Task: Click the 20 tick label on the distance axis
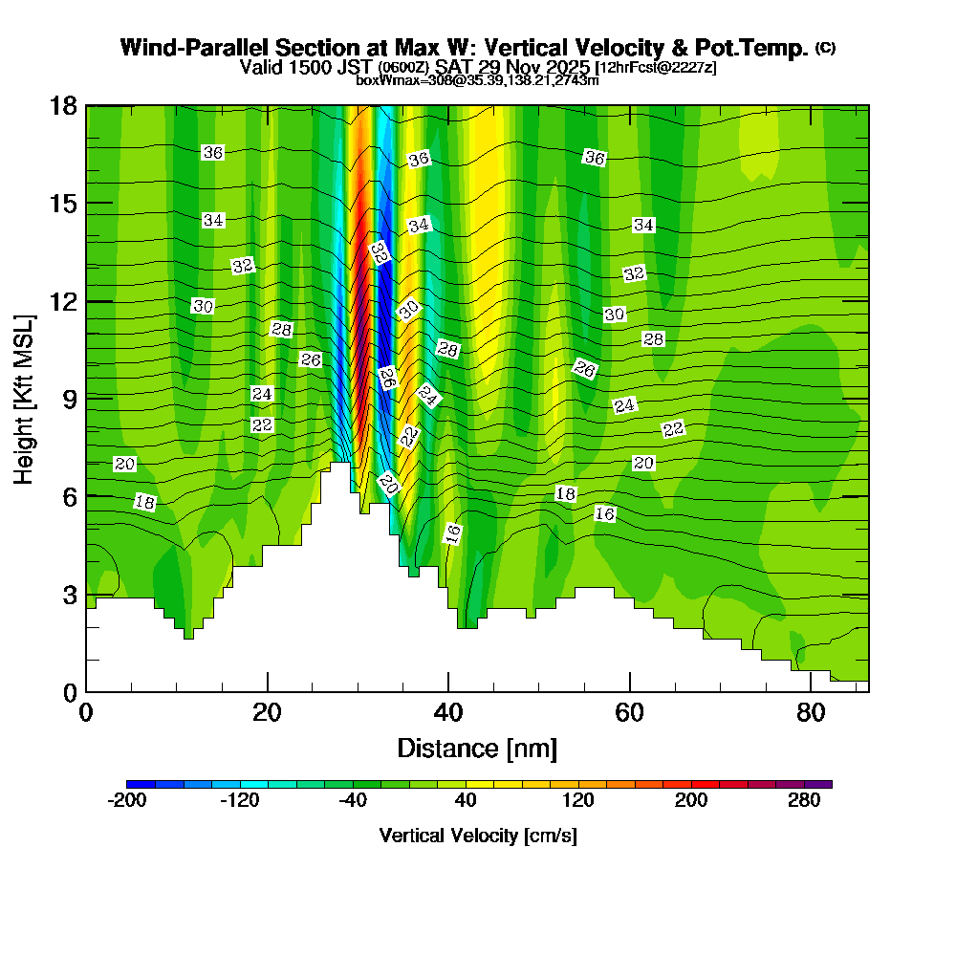coord(268,712)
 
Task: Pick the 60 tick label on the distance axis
coord(629,712)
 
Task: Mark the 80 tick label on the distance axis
coord(810,712)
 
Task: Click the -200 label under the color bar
coord(127,801)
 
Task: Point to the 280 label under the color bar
coord(804,801)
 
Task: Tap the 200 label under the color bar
coord(691,801)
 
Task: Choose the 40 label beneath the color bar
coord(466,801)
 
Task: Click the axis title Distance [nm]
coord(477,748)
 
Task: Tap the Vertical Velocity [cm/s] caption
coord(477,836)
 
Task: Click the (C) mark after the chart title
coord(825,48)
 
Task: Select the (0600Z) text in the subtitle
coord(403,68)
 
